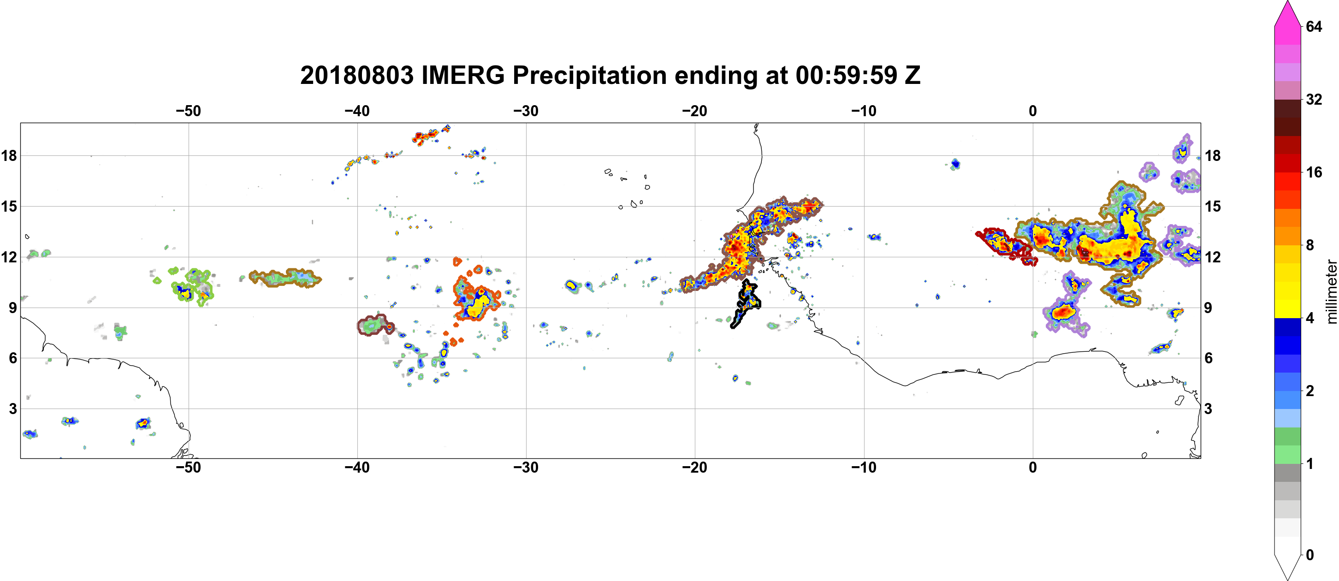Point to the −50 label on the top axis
[x=188, y=111]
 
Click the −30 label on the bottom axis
[x=526, y=468]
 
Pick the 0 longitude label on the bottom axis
[x=1033, y=468]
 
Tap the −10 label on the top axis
[x=864, y=111]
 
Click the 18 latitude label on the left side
[x=9, y=155]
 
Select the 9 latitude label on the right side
[x=1208, y=308]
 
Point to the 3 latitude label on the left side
[x=12, y=409]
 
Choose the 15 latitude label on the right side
[x=1212, y=206]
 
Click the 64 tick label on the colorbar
[x=1314, y=26]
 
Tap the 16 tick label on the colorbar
[x=1314, y=172]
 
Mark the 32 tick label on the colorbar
[x=1314, y=99]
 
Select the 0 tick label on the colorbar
[x=1310, y=555]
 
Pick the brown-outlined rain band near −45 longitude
[x=285, y=278]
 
